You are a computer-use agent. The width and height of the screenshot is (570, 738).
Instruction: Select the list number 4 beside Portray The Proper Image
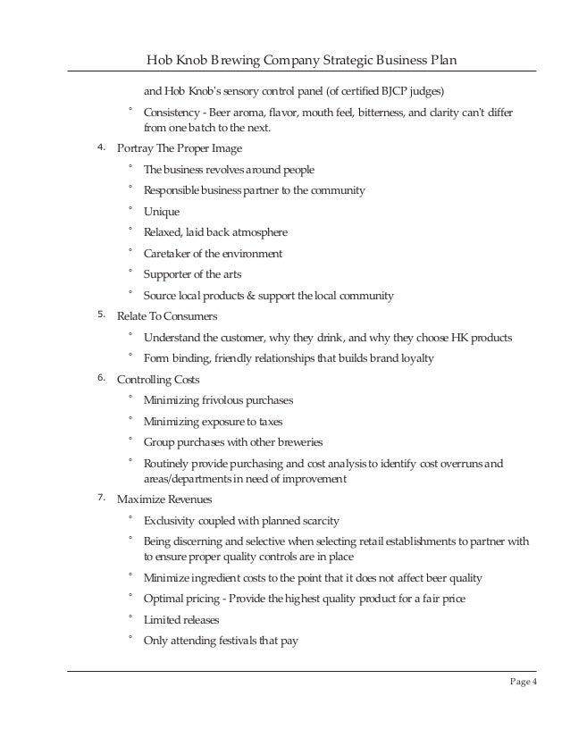tap(101, 147)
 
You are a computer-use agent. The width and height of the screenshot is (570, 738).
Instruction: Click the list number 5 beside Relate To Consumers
tap(101, 315)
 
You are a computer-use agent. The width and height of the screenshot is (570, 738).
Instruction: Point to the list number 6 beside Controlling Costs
tap(101, 379)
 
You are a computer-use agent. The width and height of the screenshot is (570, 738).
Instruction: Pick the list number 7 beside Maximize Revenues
tap(101, 498)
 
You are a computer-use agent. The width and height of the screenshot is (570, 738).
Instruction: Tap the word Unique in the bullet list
tap(162, 212)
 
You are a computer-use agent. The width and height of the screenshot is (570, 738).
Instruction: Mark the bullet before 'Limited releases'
tap(130, 617)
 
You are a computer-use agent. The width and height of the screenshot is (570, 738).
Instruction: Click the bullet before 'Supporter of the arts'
tap(130, 273)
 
